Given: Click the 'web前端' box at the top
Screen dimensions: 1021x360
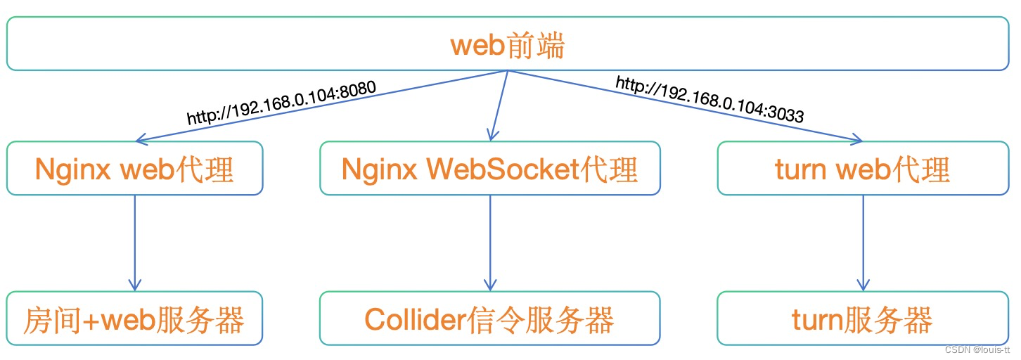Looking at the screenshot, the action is point(508,44).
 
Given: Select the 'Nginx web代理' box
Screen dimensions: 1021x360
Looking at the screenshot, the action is point(135,168).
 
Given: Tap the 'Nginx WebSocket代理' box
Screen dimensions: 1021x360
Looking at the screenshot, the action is point(490,168).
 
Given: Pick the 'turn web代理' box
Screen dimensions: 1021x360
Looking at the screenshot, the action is point(863,168).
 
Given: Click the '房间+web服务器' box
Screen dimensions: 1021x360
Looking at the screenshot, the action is point(134,318).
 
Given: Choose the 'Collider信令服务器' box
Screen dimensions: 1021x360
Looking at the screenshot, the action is point(490,318).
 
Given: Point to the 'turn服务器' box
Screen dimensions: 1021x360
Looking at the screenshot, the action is point(863,318).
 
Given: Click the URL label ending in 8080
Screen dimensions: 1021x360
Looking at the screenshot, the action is point(282,103).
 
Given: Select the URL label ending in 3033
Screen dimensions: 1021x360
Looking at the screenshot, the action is point(709,99).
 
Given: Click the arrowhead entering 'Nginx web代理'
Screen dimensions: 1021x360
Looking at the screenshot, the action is point(141,139).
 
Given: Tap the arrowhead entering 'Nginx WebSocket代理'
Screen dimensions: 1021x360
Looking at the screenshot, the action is point(492,135).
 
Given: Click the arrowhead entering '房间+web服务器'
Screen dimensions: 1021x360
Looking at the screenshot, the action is point(135,285).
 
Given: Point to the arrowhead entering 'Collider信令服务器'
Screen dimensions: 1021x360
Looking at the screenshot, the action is point(490,285).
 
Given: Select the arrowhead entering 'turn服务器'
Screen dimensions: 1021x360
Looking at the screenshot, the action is point(863,285).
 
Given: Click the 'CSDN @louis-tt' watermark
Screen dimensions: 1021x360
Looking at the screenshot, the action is point(977,350).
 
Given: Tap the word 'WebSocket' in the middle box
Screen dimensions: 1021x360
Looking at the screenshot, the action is point(503,169).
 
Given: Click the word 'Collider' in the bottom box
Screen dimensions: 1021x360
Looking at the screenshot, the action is point(416,319).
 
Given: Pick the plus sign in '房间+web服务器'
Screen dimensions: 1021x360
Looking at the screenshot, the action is point(91,321).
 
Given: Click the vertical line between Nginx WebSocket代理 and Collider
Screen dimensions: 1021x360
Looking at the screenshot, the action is point(490,243).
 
